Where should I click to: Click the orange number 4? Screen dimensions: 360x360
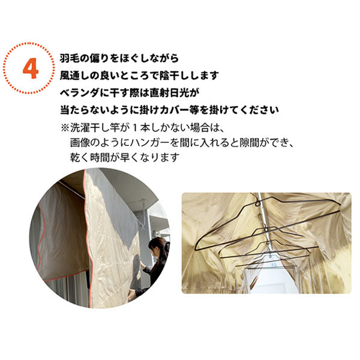pyautogui.click(x=31, y=68)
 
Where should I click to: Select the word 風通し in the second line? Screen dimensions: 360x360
pyautogui.click(x=74, y=76)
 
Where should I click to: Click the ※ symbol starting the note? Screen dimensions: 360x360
pyautogui.click(x=65, y=128)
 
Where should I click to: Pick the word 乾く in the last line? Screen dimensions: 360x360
pyautogui.click(x=80, y=158)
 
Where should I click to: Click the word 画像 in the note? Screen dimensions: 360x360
pyautogui.click(x=80, y=143)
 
